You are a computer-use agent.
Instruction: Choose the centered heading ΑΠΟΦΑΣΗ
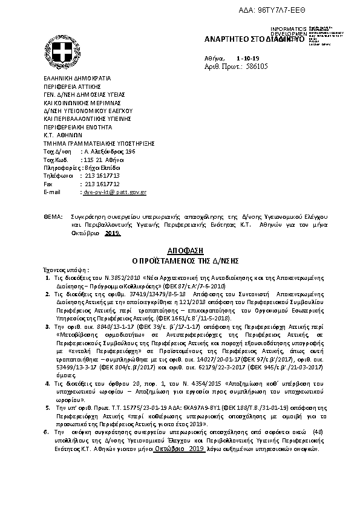(179, 250)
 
